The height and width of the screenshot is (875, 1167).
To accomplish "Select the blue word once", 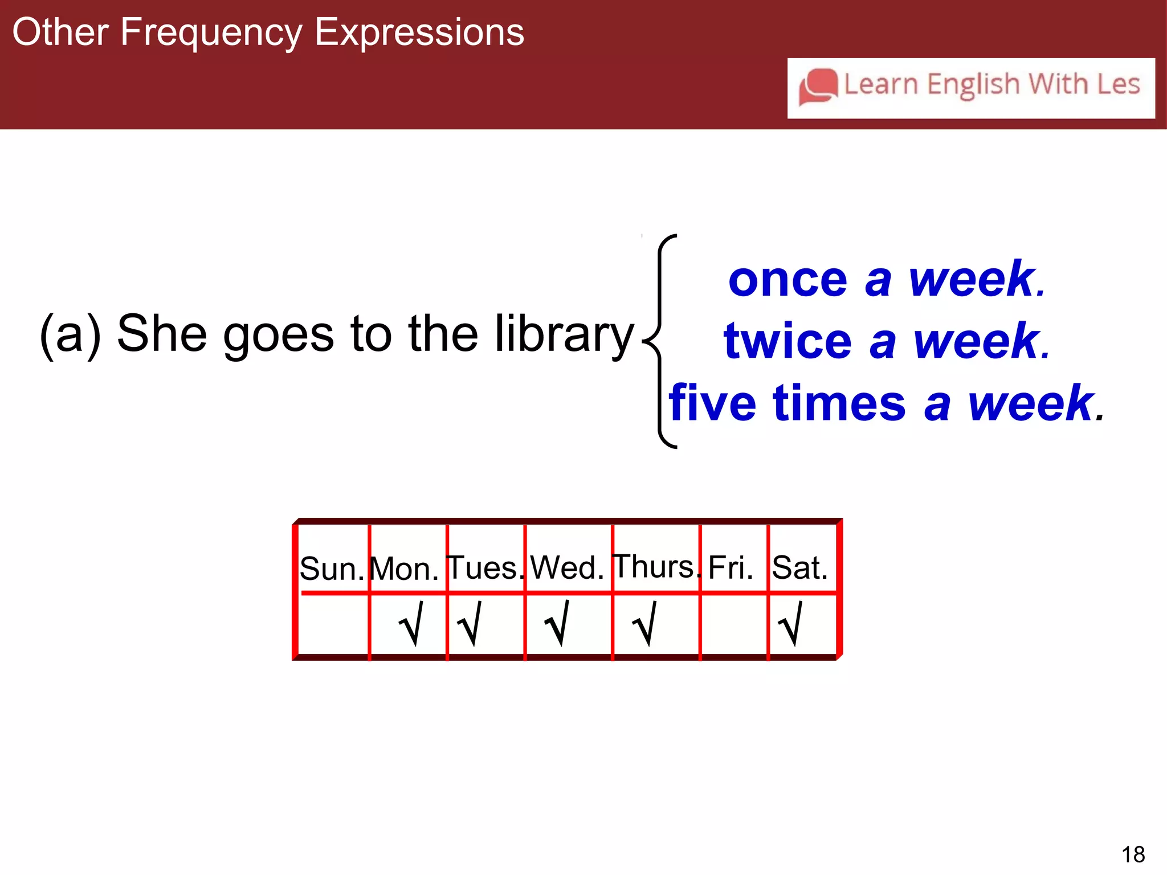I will tap(787, 280).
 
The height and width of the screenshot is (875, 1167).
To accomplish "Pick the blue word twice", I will tap(787, 342).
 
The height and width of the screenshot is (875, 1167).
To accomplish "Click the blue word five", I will tap(712, 403).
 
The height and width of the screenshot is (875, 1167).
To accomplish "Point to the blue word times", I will tap(839, 403).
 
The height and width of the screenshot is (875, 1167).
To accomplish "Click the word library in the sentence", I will tap(564, 334).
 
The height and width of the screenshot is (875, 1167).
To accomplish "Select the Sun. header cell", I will tap(332, 568).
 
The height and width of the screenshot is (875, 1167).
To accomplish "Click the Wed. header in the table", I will tap(567, 567).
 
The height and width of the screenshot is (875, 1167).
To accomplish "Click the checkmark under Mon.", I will tap(411, 624).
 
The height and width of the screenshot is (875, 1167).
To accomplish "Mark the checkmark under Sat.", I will tap(791, 624).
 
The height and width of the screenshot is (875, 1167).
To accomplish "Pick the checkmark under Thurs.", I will tap(645, 624).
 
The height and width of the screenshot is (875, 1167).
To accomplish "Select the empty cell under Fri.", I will tap(734, 625).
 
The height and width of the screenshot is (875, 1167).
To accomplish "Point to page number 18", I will tap(1133, 854).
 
